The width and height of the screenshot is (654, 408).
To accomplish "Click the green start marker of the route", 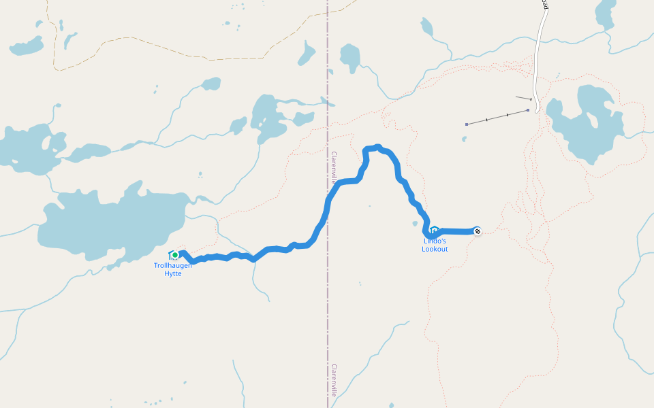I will tap(175, 255).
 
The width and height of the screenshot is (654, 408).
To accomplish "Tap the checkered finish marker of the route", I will tap(478, 231).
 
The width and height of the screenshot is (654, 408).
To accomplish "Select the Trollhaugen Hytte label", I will tap(173, 269).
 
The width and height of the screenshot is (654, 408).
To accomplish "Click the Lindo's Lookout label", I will tap(435, 245).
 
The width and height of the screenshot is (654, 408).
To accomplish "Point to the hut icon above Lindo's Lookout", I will tap(434, 230).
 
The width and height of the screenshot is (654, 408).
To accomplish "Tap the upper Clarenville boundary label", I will tap(334, 168).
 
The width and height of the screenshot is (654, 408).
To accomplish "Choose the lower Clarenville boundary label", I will tap(334, 380).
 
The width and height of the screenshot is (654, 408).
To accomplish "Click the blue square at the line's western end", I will tap(467, 124).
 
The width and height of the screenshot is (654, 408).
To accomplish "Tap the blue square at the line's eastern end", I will tap(528, 109).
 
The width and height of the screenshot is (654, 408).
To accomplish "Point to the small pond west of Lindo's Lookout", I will tap(415, 223).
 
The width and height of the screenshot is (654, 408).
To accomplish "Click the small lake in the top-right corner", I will tap(604, 14).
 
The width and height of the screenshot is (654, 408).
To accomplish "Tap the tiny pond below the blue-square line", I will tap(464, 139).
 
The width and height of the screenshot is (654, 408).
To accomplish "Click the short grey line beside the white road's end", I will tap(523, 99).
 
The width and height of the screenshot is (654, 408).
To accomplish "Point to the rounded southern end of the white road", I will tap(536, 109).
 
